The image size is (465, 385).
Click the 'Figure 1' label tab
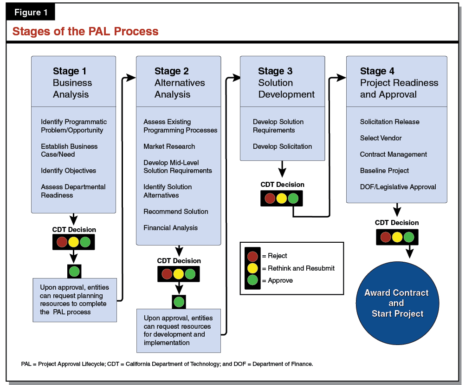31,13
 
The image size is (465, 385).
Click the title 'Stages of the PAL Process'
85,32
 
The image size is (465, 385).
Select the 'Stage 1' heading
70,71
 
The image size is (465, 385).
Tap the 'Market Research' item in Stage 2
169,146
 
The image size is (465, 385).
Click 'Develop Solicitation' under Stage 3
282,146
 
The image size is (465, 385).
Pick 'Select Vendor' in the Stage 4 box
381,138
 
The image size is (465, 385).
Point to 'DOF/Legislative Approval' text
398,187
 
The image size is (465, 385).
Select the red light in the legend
253,256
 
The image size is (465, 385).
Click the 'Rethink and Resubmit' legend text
301,268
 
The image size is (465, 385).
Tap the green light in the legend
253,281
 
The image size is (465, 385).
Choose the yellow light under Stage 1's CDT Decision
73,242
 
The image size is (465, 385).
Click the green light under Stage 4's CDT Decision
408,237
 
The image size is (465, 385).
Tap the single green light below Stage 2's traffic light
179,302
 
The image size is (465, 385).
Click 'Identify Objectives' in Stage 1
68,171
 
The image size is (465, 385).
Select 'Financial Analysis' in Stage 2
170,228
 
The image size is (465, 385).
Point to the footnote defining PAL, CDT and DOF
167,364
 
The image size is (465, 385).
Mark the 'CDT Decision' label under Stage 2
179,261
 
